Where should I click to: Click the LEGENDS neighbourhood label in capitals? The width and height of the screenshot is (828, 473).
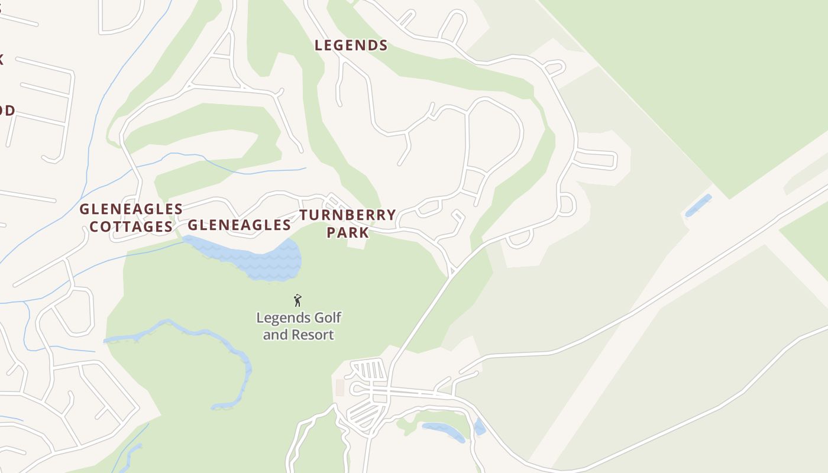351,46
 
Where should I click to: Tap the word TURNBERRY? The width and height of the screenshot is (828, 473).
347,215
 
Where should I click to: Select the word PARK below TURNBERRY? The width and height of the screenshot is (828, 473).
348,232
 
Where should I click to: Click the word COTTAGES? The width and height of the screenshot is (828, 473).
131,226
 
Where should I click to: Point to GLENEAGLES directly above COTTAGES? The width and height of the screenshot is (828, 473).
131,209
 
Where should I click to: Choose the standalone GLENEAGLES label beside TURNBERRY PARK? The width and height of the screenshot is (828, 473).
239,225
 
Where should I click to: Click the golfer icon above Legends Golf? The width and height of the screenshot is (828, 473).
297,300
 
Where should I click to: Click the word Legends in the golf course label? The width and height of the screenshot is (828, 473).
283,318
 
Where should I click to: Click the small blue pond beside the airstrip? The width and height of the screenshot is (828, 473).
698,205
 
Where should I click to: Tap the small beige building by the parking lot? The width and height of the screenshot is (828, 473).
339,388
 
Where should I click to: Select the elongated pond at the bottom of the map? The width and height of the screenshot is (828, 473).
444,432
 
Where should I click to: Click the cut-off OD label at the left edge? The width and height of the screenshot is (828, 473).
7,111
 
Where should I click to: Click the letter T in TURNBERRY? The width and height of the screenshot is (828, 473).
303,215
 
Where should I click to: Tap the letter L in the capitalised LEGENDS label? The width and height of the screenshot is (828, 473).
319,46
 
